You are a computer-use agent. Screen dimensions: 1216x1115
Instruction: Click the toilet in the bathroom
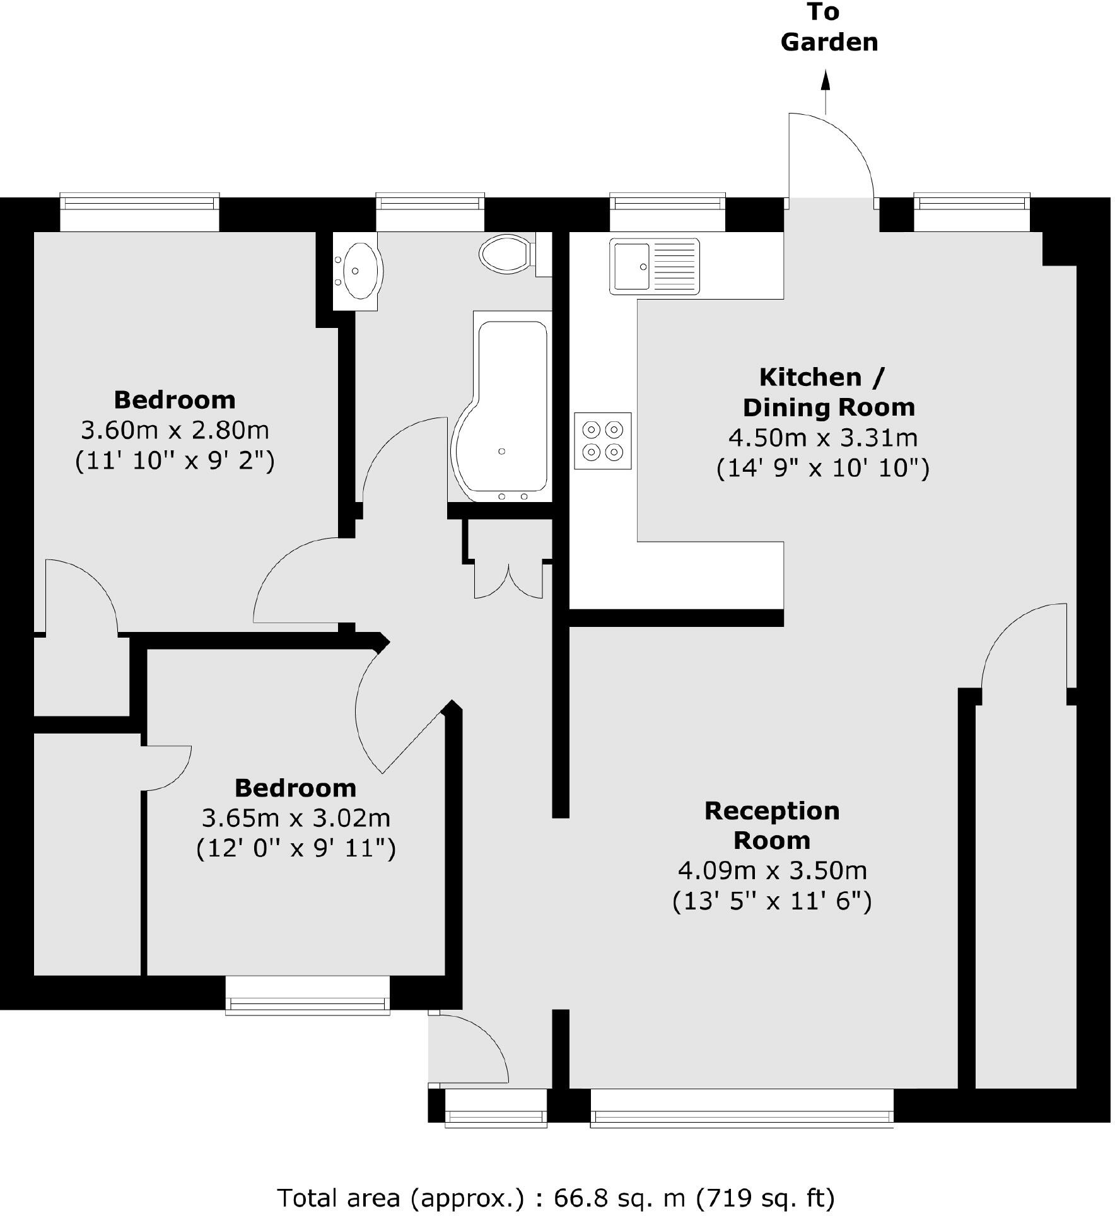506,255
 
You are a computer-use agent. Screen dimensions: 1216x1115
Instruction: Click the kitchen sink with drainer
654,266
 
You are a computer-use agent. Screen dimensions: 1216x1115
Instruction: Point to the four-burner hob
602,440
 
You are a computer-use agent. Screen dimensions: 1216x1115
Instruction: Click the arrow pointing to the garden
825,91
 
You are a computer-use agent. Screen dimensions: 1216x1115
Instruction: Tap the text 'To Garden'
828,28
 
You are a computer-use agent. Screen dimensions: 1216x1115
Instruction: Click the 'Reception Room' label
771,825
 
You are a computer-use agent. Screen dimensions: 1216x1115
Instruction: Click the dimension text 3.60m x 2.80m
175,430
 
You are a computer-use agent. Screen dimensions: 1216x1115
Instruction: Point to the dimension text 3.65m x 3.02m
296,818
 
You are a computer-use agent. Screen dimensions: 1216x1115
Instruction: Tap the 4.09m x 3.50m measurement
772,870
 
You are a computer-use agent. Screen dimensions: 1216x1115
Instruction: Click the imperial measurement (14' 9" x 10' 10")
822,468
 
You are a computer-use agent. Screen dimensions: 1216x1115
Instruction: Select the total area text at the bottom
556,1196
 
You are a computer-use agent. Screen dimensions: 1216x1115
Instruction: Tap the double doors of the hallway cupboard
508,580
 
